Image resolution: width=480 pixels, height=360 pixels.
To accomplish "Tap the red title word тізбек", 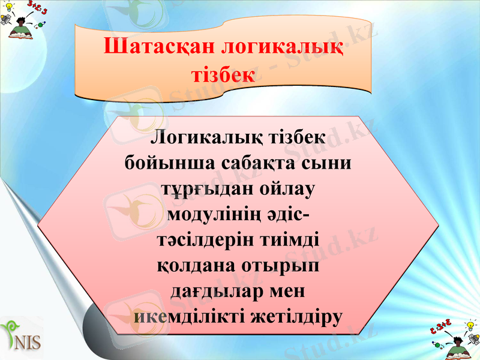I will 223,75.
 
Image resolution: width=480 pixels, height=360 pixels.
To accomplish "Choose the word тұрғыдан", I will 203,189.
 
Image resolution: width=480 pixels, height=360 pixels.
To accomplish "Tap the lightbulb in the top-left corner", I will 9,8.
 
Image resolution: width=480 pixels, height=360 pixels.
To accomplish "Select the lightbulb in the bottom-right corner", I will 471,324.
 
